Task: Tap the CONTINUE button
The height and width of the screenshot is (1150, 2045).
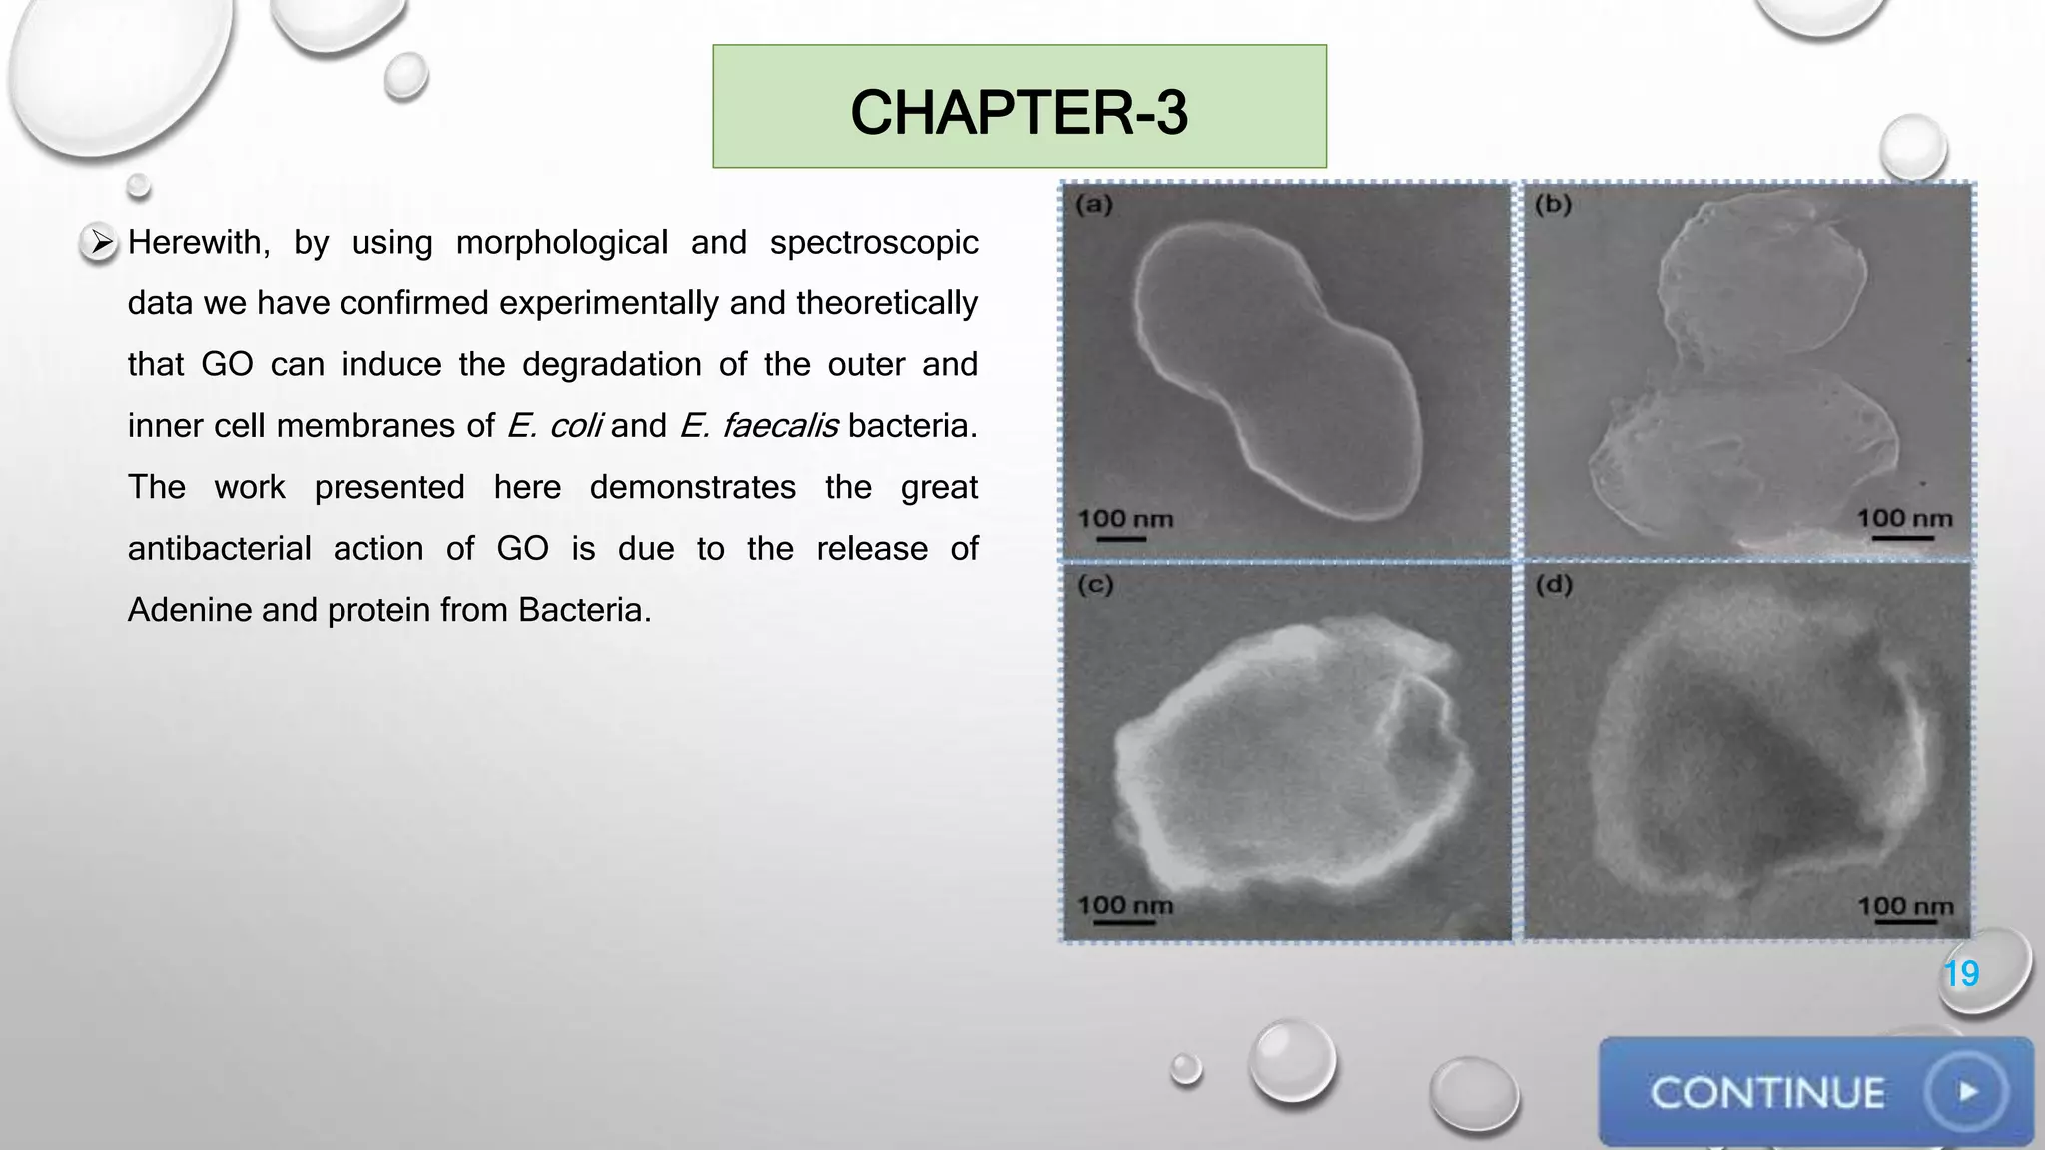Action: pos(1814,1092)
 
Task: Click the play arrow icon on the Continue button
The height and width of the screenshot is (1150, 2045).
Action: pos(1967,1092)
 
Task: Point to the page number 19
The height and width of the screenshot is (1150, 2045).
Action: pos(1961,973)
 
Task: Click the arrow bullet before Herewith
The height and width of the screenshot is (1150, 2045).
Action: pos(100,242)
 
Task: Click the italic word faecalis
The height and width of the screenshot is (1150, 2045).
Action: pos(780,426)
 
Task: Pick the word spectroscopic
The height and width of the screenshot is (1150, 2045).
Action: pos(874,243)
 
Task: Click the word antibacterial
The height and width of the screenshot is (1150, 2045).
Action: pos(220,549)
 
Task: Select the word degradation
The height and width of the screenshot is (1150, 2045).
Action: pos(611,365)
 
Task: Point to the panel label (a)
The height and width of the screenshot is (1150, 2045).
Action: pos(1094,205)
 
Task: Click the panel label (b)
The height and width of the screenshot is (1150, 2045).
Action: pos(1553,205)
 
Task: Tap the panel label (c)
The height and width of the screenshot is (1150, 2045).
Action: pos(1095,585)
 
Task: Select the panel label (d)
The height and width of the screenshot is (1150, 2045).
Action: pos(1554,585)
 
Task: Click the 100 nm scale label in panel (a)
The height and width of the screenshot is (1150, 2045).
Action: pos(1125,519)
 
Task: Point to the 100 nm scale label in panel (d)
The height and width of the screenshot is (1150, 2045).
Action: pos(1905,906)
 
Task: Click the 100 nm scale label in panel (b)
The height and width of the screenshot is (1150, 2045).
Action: pos(1904,518)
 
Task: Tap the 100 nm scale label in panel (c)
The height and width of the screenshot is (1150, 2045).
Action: pos(1125,905)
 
